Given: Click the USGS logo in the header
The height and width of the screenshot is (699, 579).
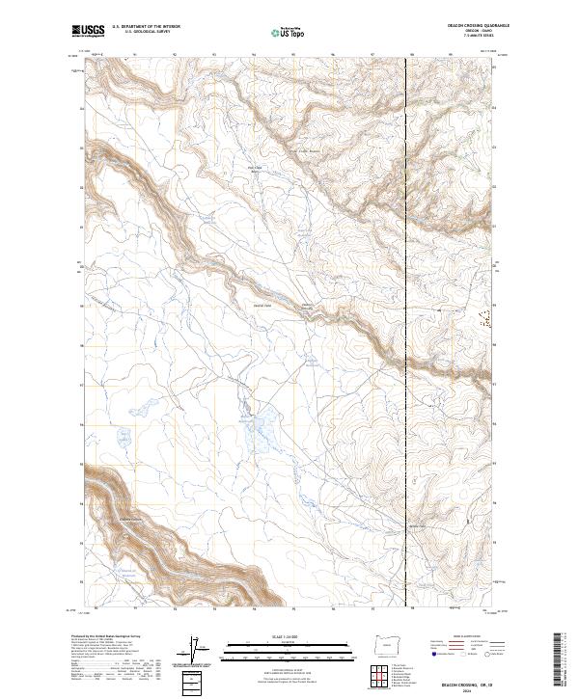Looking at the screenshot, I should point(88,32).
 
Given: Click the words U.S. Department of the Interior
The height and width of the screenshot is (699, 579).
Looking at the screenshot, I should point(146,26).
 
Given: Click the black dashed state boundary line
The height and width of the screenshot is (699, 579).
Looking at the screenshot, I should point(405,289).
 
